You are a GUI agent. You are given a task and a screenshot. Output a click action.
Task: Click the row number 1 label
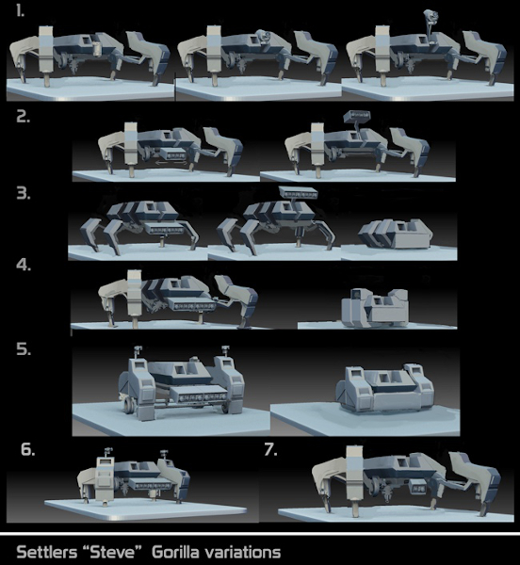point(20,12)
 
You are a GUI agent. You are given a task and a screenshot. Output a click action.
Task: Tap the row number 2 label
point(23,117)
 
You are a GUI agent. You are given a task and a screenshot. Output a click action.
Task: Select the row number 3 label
point(24,194)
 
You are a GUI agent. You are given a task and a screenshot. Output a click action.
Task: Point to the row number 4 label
point(24,265)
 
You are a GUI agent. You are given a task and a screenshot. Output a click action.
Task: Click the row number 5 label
point(24,349)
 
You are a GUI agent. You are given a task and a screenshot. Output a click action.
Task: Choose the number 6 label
point(27,449)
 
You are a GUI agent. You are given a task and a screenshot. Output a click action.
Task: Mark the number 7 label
point(270,449)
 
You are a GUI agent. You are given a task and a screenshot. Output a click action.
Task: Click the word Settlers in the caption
point(47,553)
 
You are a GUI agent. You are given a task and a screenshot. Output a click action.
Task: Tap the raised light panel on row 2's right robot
point(356,116)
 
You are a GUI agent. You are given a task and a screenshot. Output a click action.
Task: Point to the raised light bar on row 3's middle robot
point(299,192)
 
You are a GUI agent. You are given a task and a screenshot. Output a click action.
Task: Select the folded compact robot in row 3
point(396,234)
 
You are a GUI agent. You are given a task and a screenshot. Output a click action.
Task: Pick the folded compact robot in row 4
point(375,307)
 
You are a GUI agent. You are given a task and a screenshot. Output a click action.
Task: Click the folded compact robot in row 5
point(385,388)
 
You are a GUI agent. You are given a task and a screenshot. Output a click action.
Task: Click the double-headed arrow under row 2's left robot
point(171,163)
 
